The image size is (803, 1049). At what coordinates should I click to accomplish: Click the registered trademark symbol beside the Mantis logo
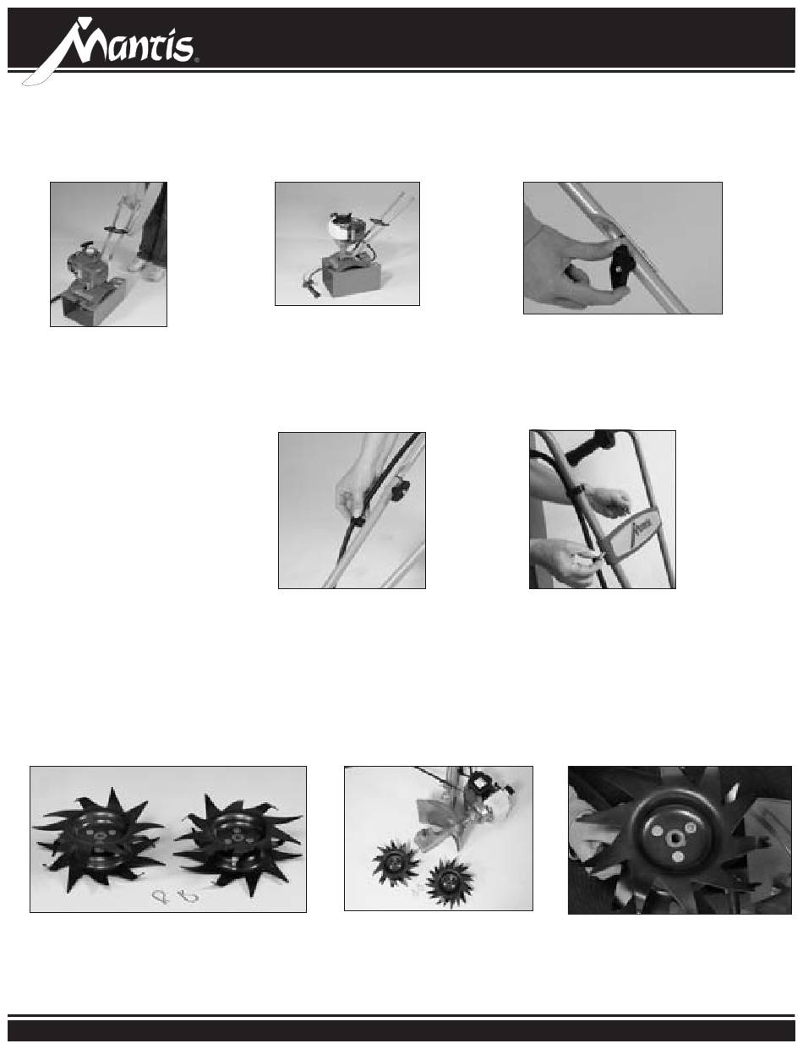196,61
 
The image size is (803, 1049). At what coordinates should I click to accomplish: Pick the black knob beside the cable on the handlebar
399,490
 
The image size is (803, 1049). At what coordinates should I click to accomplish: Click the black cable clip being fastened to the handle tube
358,522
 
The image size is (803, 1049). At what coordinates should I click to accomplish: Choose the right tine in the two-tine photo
237,840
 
